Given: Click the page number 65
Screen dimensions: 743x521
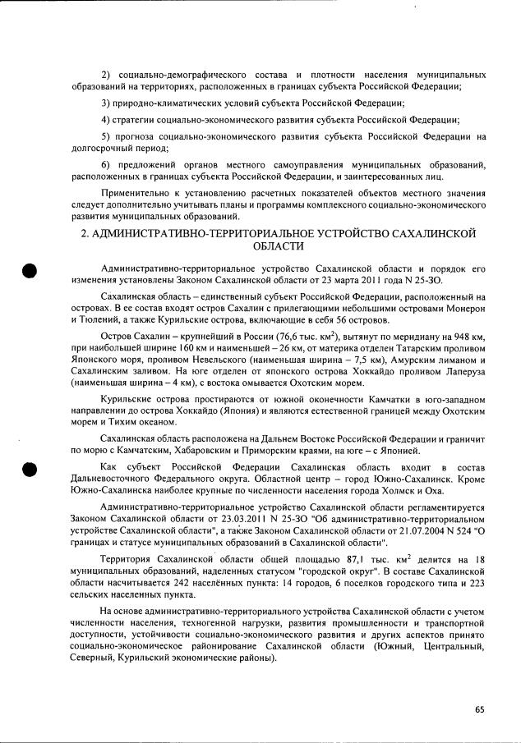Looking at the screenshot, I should [x=479, y=709].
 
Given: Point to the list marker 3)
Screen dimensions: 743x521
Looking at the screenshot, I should [x=106, y=103].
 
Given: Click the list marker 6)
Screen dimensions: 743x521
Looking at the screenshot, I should [x=106, y=166].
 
